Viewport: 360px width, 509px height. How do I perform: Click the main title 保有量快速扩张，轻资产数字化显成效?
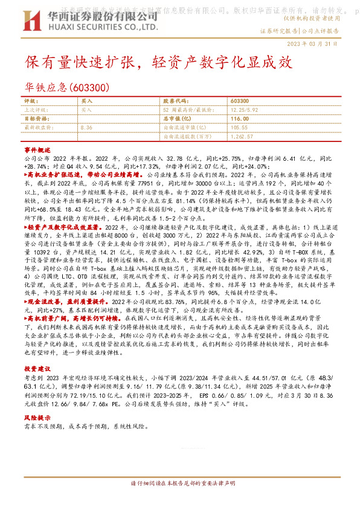click(x=158, y=62)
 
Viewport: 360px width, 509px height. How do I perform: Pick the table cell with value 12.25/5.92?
click(x=245, y=110)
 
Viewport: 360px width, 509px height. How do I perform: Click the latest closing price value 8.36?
click(x=86, y=128)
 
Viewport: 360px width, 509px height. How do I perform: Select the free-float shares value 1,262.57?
click(x=242, y=136)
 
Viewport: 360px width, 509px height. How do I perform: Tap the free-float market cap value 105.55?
click(x=240, y=128)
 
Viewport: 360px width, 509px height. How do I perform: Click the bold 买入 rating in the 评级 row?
click(x=86, y=102)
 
